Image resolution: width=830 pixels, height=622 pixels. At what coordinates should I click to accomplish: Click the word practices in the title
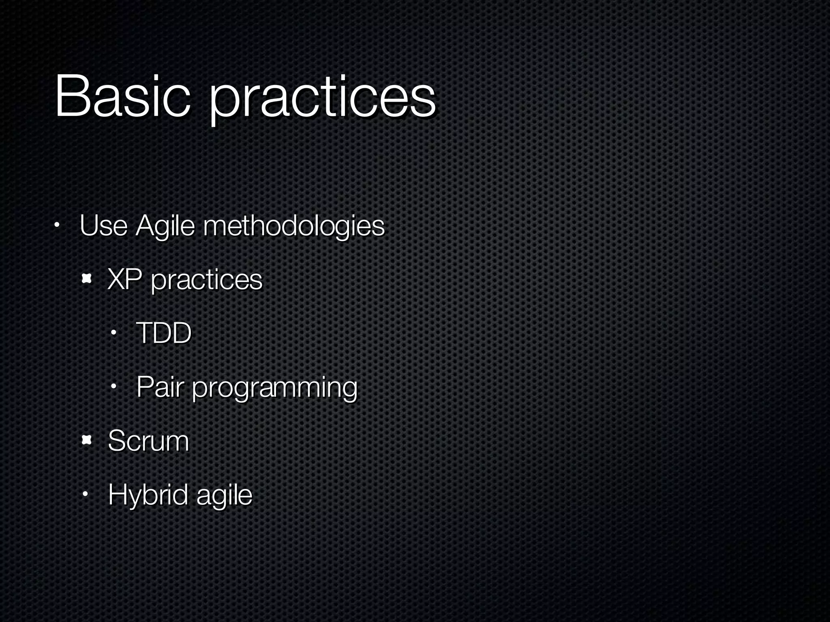[x=322, y=99]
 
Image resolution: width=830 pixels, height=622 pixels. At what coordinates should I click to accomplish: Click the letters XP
[x=124, y=279]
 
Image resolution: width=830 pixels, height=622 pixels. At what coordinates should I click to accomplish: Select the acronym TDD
[x=163, y=333]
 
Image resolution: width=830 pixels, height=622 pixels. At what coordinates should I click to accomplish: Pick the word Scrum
[x=148, y=441]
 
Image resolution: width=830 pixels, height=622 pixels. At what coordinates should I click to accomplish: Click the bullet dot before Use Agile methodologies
[x=57, y=225]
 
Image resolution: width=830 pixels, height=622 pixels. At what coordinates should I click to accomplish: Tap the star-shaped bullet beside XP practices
[x=86, y=279]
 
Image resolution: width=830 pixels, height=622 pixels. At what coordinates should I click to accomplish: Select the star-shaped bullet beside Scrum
[x=86, y=440]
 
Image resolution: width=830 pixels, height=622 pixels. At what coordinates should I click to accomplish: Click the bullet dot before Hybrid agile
[x=86, y=494]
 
